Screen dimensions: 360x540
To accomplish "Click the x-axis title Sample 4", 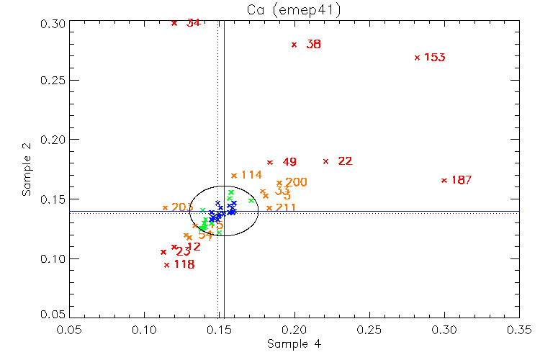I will (294, 344).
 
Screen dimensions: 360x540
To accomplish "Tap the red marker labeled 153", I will (417, 58).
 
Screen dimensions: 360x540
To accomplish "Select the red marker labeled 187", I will (444, 180).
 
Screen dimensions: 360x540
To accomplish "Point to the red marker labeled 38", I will (294, 45).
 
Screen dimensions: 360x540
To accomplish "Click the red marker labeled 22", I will (326, 161).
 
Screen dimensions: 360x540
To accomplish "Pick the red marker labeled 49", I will (270, 162).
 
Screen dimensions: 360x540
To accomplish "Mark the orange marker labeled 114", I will (234, 175).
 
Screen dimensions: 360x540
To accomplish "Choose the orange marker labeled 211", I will (269, 208).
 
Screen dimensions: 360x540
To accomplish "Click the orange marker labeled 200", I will (279, 182).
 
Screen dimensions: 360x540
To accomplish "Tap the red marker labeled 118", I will (166, 264).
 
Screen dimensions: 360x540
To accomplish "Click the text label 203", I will (182, 207).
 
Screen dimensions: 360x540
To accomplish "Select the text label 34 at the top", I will (193, 23).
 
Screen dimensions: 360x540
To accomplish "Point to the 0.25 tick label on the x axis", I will (369, 329).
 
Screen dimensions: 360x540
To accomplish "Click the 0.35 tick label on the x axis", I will (519, 329).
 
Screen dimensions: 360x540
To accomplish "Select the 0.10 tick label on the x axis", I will (144, 329).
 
